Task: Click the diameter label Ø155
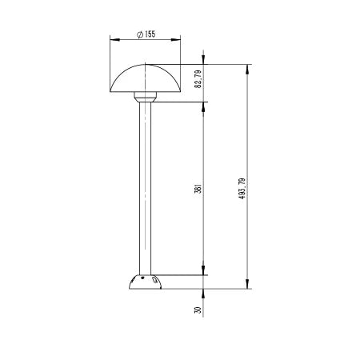[x=146, y=34]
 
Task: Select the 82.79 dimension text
[x=198, y=80]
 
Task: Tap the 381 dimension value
[x=198, y=190]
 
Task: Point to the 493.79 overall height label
[x=242, y=188]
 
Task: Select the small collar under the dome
[x=145, y=97]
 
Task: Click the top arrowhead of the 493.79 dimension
[x=248, y=68]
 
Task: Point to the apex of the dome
[x=145, y=65]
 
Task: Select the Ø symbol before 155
[x=139, y=34]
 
